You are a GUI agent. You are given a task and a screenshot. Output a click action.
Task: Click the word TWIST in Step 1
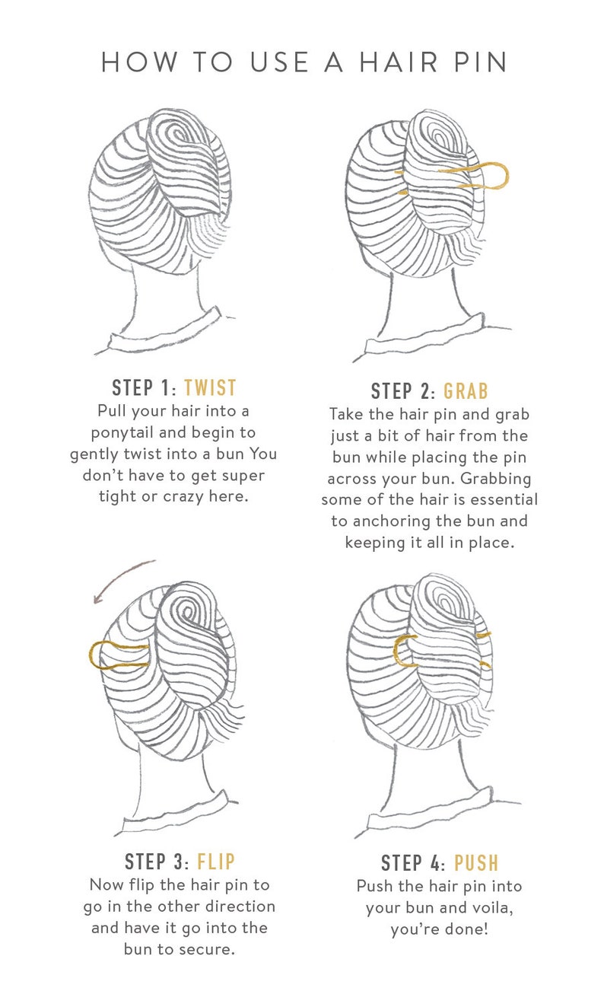click(210, 387)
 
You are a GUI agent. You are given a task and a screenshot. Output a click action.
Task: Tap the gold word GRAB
click(466, 391)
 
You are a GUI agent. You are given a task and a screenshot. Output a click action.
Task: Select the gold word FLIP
click(216, 862)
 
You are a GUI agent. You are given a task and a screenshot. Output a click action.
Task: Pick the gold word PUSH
click(476, 862)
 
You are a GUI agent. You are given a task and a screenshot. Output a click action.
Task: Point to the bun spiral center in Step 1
click(173, 134)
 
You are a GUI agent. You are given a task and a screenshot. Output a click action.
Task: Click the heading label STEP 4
click(413, 862)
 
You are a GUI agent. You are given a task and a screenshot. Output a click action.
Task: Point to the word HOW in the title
click(139, 62)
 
